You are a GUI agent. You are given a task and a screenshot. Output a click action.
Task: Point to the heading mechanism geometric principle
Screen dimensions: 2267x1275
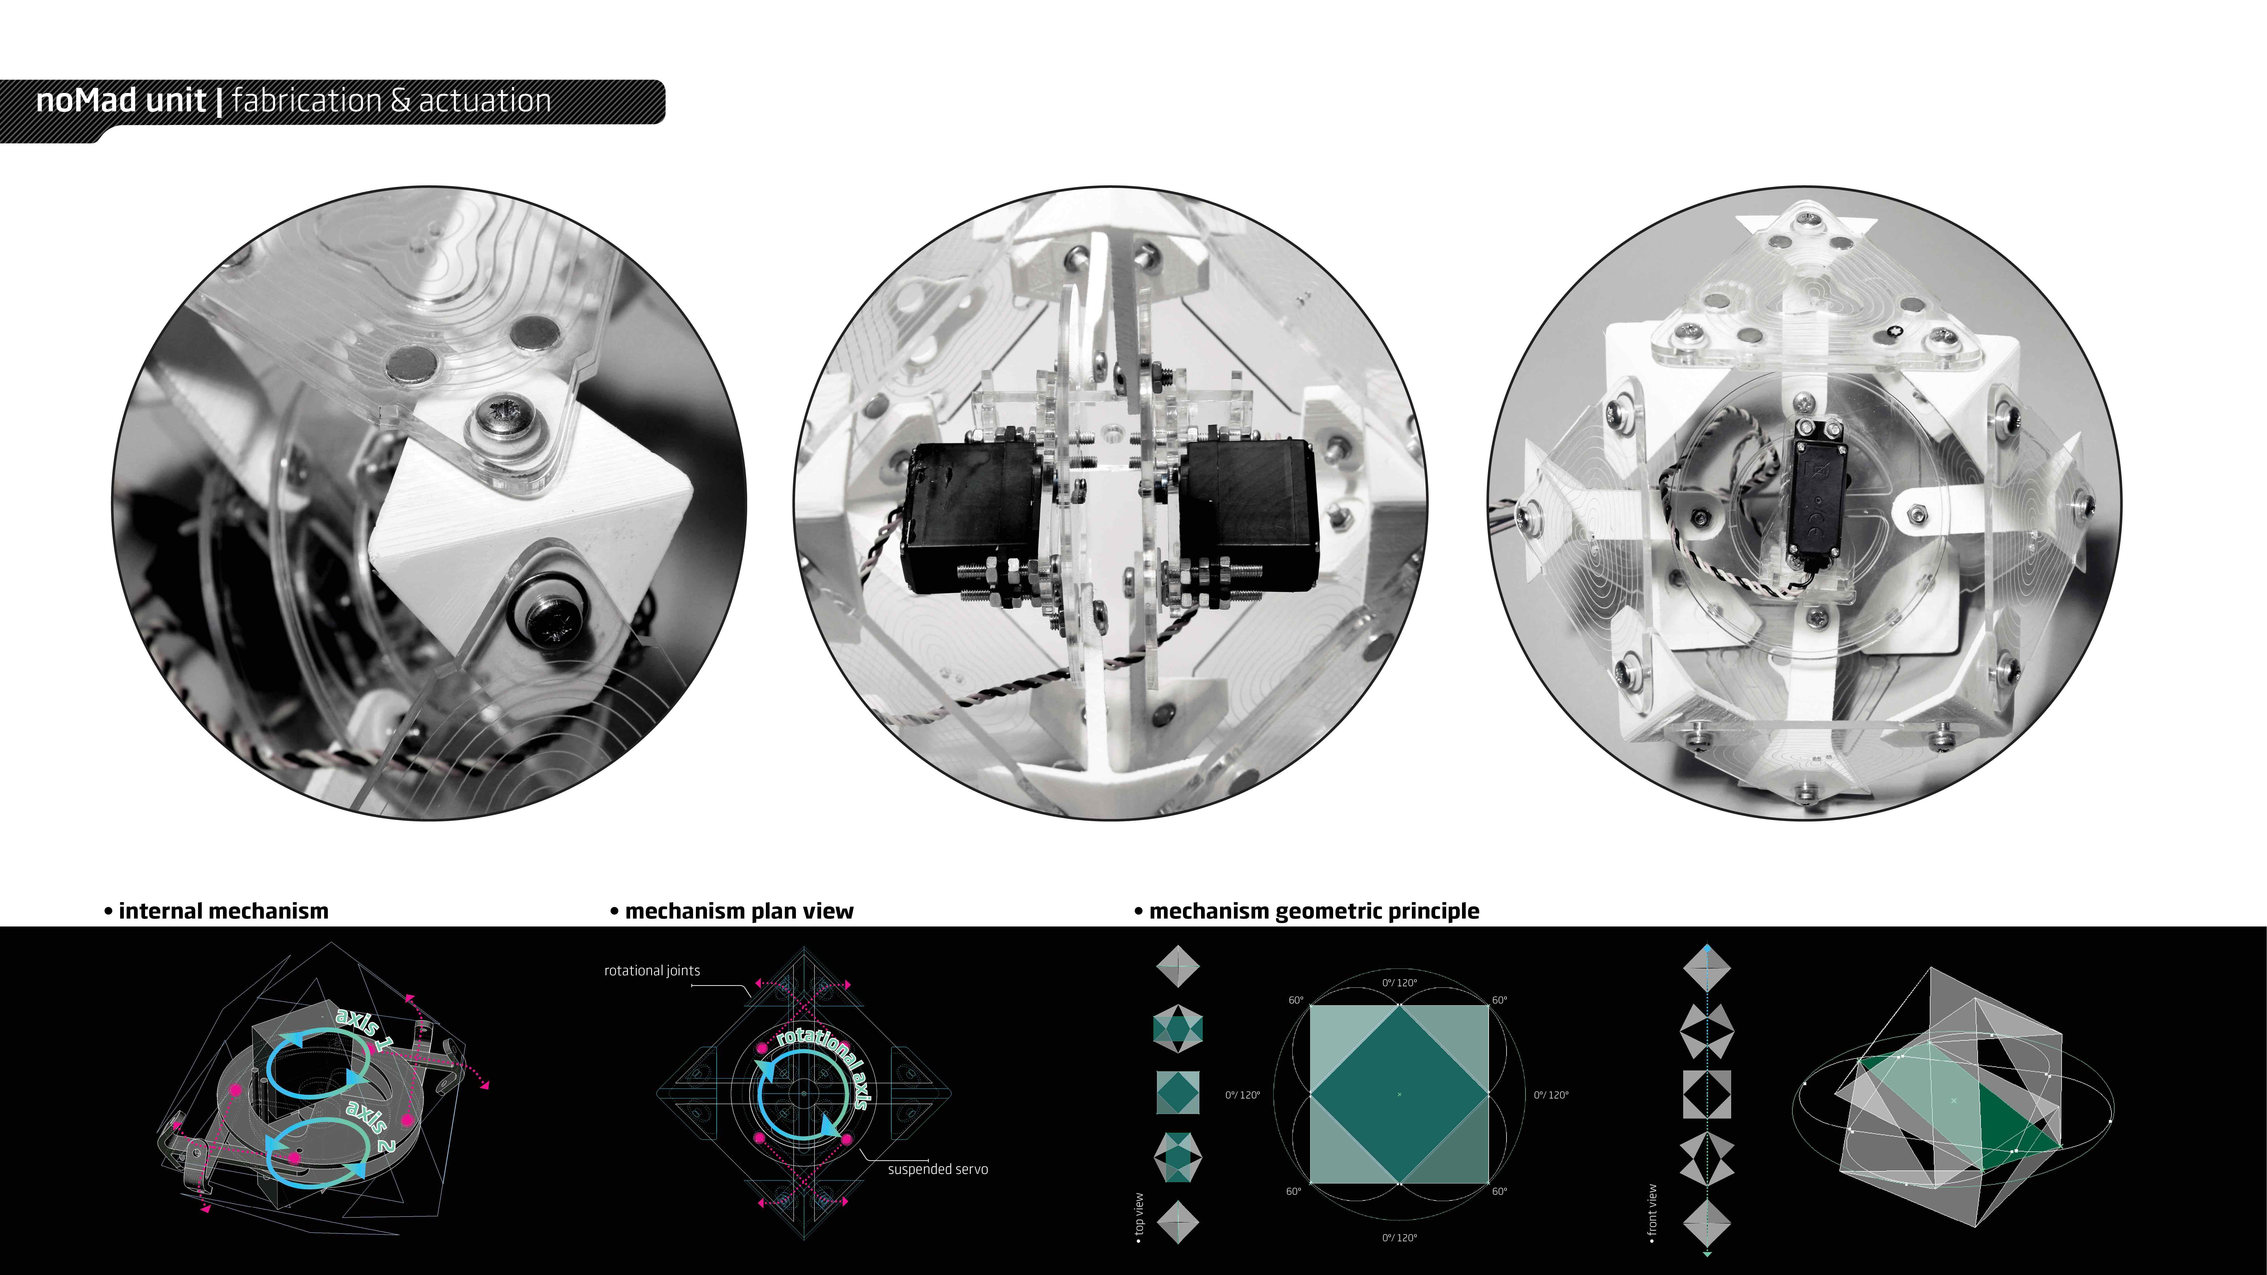pyautogui.click(x=1314, y=911)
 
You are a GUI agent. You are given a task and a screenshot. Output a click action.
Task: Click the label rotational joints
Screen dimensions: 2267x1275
pyautogui.click(x=652, y=970)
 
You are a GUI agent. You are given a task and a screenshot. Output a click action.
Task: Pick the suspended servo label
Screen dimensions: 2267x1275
pyautogui.click(x=938, y=1169)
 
